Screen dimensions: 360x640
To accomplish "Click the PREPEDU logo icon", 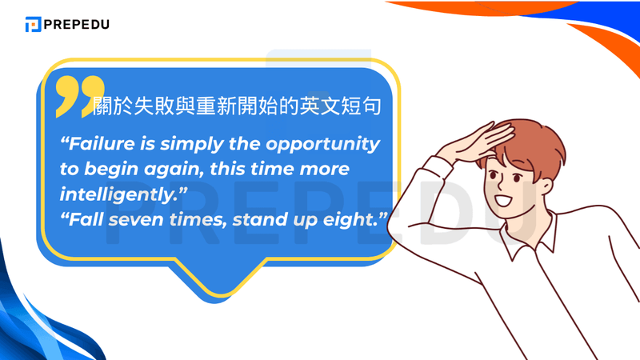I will [33, 24].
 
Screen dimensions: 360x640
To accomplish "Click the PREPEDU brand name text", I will [77, 24].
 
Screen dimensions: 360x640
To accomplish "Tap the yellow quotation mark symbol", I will [80, 94].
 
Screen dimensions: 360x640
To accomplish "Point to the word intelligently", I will [117, 194].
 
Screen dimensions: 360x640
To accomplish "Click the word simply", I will [190, 145].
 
